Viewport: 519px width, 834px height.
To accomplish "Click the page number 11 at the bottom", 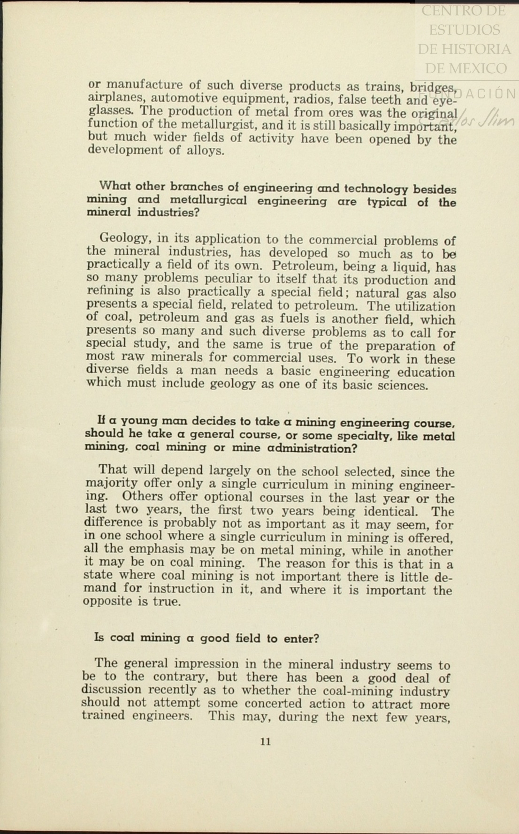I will coord(265,742).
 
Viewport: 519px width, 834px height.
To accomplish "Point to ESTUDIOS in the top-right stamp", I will coord(465,30).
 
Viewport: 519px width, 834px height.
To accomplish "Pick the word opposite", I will coord(106,601).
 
